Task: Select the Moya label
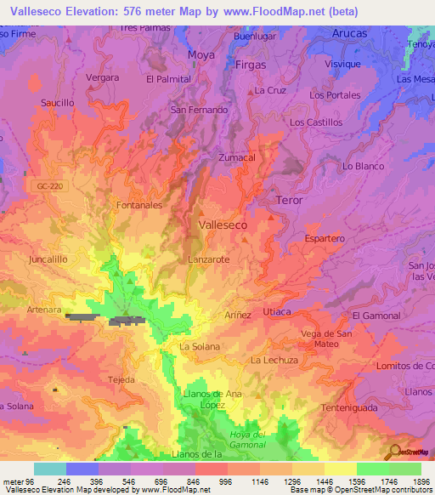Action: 201,54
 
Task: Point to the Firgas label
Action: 249,65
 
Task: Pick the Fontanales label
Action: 138,205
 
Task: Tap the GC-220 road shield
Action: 50,185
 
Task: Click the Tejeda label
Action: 122,379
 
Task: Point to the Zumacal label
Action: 237,157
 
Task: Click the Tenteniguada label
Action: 352,408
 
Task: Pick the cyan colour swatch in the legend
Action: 50,469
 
